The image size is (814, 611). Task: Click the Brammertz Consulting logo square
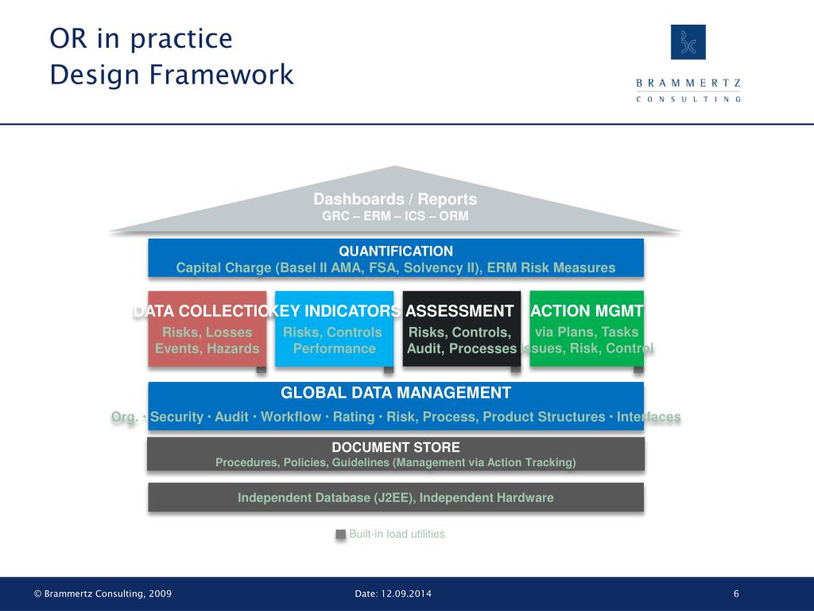click(688, 42)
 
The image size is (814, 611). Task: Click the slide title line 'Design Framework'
click(172, 75)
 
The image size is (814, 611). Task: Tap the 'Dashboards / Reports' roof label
click(395, 199)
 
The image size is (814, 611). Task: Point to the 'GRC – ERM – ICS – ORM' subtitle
click(395, 216)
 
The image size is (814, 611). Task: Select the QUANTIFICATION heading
click(396, 251)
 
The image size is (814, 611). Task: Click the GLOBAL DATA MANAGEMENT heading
click(396, 393)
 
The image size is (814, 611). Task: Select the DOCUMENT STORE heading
click(396, 447)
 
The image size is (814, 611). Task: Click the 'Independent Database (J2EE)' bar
click(396, 498)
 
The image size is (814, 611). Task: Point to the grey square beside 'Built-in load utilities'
click(341, 535)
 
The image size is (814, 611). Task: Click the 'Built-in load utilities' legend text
click(397, 535)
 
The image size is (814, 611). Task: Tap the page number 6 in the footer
click(736, 594)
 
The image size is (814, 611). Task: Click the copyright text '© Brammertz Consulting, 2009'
click(103, 594)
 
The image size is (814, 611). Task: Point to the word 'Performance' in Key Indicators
click(334, 348)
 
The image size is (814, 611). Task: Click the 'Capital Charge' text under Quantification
click(223, 268)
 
